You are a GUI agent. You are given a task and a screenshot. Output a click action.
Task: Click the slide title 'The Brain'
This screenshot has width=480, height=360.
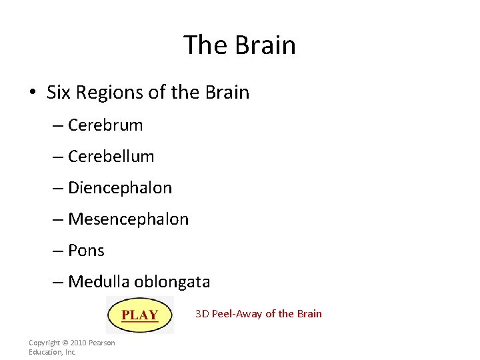click(239, 45)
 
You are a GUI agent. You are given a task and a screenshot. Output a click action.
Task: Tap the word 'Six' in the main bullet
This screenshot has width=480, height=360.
click(59, 92)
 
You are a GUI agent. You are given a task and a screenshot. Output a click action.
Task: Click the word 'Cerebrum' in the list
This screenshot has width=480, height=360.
click(105, 125)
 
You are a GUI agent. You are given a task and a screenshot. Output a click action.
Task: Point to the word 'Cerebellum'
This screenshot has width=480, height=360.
click(111, 157)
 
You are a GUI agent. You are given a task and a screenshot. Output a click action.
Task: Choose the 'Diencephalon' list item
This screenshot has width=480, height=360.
click(120, 188)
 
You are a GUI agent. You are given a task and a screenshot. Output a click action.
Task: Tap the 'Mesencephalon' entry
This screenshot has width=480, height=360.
click(128, 219)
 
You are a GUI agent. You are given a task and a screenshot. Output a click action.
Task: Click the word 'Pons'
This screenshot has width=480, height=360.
click(86, 251)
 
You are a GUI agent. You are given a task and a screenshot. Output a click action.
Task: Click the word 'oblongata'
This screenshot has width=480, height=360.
click(172, 282)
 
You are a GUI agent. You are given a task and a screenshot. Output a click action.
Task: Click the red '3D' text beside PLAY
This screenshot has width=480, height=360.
click(202, 313)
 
